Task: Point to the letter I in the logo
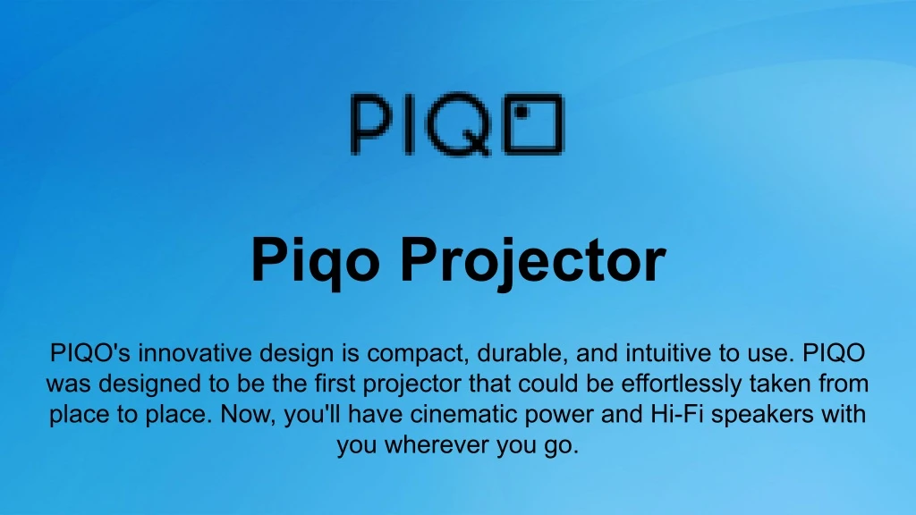(407, 123)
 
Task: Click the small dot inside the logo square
(522, 111)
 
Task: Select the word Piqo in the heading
(316, 261)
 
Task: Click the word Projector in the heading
(533, 261)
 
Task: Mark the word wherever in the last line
(437, 445)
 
